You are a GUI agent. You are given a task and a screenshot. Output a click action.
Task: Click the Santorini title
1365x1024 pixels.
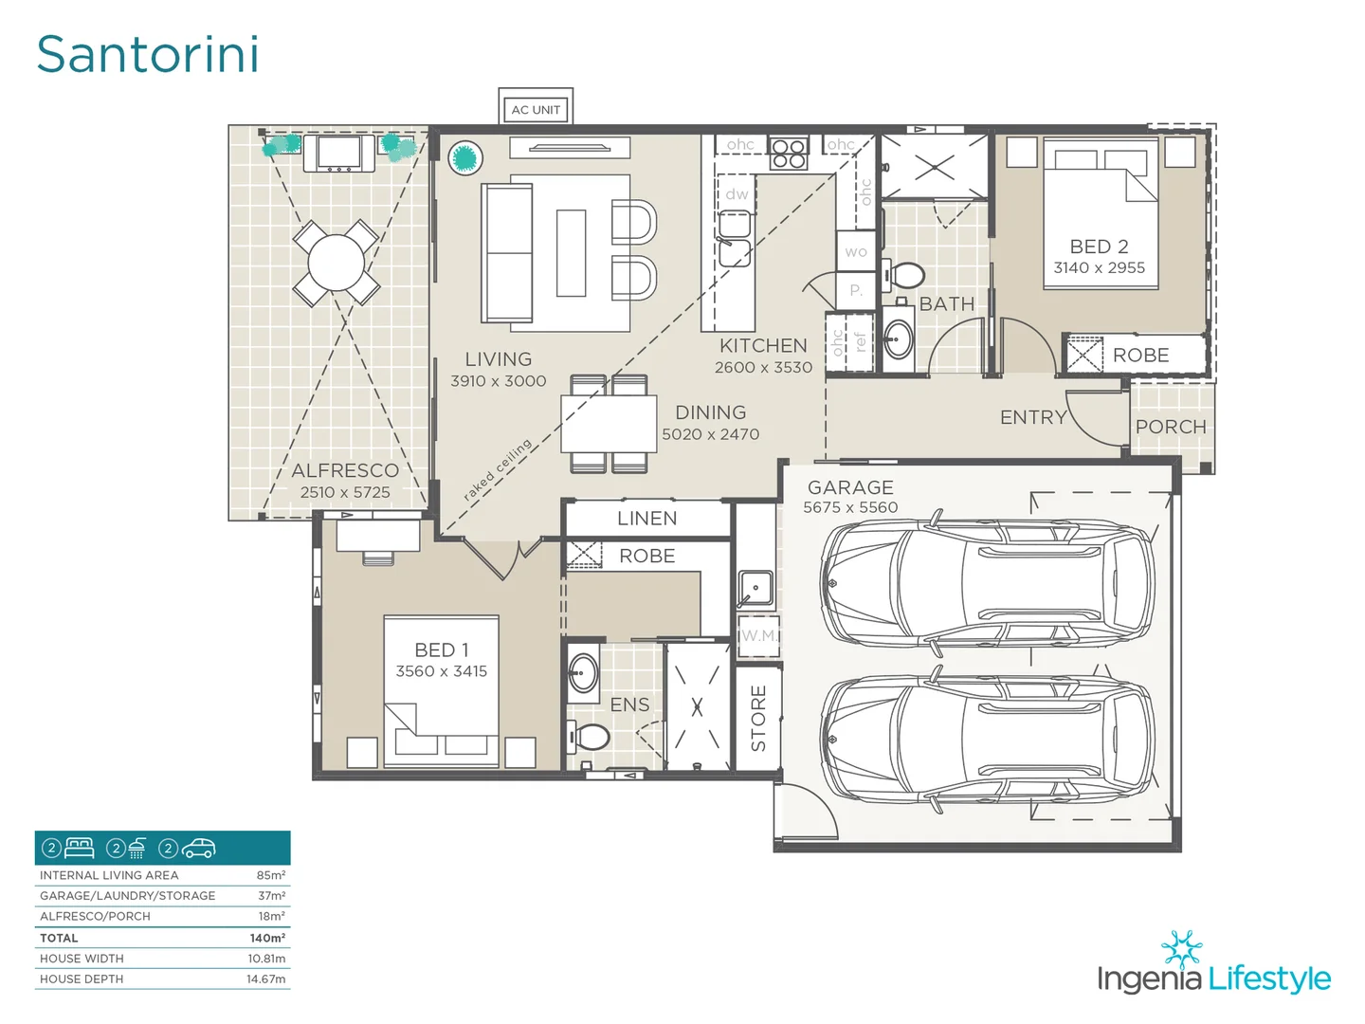[148, 54]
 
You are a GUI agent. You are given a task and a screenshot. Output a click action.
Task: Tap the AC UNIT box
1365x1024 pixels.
[536, 109]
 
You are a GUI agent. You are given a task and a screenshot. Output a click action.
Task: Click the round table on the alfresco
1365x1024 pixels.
[336, 263]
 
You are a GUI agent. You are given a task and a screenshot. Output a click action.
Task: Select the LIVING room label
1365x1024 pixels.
[498, 359]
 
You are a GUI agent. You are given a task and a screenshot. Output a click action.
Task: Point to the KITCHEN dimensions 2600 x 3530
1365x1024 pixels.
[763, 368]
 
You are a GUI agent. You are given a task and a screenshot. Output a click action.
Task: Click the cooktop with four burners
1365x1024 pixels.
[788, 153]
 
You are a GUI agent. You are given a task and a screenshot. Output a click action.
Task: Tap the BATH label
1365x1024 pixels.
[946, 304]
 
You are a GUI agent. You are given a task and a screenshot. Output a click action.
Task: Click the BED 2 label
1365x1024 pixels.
[1099, 247]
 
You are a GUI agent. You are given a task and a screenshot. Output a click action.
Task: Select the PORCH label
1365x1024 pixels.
[1171, 427]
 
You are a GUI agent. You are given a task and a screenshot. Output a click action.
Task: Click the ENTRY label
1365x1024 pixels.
[1033, 417]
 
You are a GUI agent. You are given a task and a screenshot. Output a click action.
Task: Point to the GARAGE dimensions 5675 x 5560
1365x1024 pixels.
[850, 507]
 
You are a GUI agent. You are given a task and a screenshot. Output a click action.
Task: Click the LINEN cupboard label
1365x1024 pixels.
[646, 519]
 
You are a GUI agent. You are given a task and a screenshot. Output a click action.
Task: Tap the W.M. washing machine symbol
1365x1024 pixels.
[758, 636]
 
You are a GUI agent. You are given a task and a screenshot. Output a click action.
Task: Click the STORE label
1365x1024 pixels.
[758, 718]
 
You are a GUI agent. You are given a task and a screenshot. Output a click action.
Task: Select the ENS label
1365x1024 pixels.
[629, 704]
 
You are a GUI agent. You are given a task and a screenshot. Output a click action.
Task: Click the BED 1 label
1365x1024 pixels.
[441, 649]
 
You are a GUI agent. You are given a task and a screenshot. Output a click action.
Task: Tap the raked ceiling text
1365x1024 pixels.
[498, 469]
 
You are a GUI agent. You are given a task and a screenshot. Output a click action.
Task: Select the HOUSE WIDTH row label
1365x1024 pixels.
[82, 959]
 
